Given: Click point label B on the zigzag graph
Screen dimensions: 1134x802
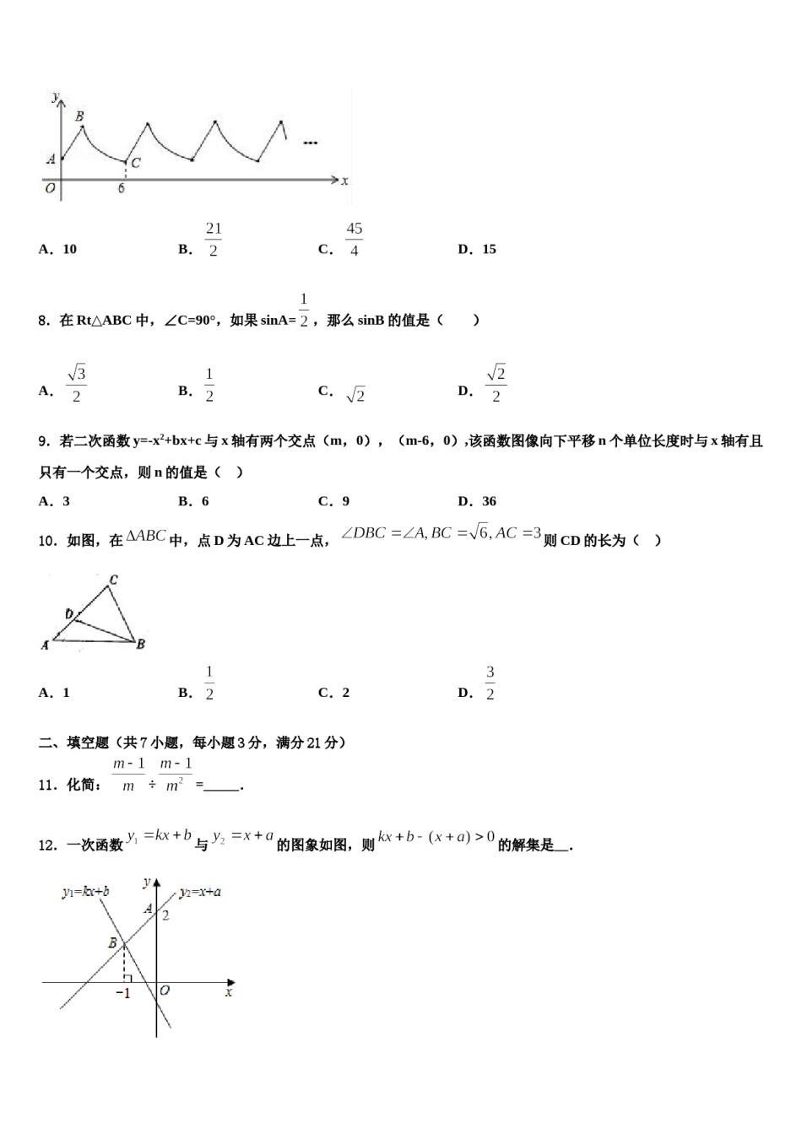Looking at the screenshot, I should pyautogui.click(x=79, y=116).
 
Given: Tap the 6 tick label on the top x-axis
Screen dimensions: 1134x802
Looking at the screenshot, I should pyautogui.click(x=122, y=188).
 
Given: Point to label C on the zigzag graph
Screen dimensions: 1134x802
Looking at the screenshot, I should pyautogui.click(x=136, y=163).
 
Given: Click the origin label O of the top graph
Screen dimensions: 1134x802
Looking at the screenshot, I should pyautogui.click(x=51, y=188).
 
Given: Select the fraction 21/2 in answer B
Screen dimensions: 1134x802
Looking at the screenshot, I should pyautogui.click(x=213, y=240).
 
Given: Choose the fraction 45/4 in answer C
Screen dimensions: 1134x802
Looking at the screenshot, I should pyautogui.click(x=354, y=240).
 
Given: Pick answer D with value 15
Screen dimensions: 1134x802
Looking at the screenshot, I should pyautogui.click(x=489, y=249).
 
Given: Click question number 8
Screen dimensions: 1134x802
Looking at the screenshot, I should pyautogui.click(x=45, y=321).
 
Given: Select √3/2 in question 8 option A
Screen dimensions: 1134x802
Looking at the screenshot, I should pyautogui.click(x=76, y=384).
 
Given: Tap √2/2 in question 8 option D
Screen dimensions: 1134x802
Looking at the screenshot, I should pyautogui.click(x=496, y=384).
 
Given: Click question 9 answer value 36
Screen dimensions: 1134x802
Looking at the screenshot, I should pyautogui.click(x=489, y=501).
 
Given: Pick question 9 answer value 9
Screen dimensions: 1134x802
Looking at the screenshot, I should pyautogui.click(x=345, y=501).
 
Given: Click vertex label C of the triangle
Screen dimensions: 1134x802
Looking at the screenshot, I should pyautogui.click(x=113, y=580).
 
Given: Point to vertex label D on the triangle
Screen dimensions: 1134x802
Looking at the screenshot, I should pyautogui.click(x=69, y=614).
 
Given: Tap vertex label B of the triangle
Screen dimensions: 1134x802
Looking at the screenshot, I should pyautogui.click(x=141, y=644).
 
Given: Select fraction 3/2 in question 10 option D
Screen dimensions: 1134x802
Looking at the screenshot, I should pyautogui.click(x=490, y=683).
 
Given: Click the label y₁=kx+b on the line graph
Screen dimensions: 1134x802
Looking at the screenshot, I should pyautogui.click(x=85, y=891).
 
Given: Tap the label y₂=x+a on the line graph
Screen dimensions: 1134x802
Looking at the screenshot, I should pyautogui.click(x=200, y=891).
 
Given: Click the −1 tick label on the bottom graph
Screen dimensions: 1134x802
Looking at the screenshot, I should pyautogui.click(x=123, y=994).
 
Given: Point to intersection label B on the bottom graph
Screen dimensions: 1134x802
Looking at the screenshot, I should pyautogui.click(x=112, y=943).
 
